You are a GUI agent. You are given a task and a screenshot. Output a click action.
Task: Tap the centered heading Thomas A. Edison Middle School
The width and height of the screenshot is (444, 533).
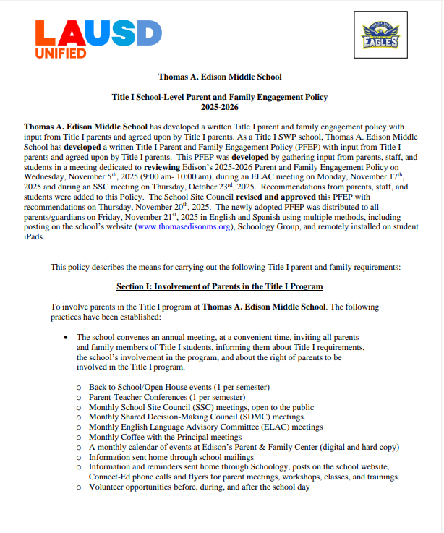point(220,77)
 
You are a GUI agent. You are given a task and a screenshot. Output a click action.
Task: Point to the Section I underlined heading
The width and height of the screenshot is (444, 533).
point(220,286)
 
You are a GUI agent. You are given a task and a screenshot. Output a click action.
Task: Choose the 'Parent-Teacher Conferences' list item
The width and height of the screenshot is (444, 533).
point(167,397)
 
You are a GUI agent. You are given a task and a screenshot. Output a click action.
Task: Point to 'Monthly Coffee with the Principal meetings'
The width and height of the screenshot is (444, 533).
point(165,438)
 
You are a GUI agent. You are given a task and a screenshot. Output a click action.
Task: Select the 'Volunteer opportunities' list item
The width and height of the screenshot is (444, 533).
point(200,487)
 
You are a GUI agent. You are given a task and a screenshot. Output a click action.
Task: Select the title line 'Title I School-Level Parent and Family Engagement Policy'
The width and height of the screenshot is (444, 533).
point(220,96)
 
